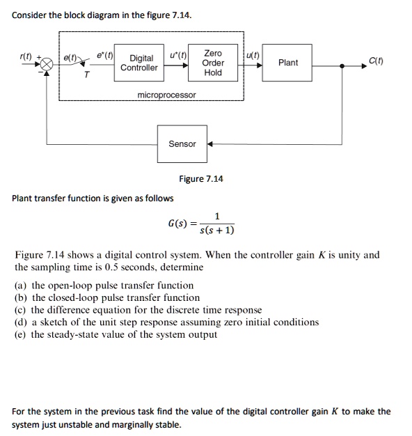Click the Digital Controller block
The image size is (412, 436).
coord(138,63)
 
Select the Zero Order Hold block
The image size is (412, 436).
coord(213,63)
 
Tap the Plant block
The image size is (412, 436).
coord(287,63)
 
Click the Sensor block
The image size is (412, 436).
coord(182,144)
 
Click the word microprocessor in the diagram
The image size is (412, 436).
coord(166,95)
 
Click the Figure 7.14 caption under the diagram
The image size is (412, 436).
coord(201,179)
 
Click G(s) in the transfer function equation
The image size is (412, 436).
coord(176,224)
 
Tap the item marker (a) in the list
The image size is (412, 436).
coord(22,286)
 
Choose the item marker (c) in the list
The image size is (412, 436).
coord(22,310)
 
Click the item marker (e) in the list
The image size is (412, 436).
coord(22,334)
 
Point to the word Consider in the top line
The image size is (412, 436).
coord(31,15)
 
